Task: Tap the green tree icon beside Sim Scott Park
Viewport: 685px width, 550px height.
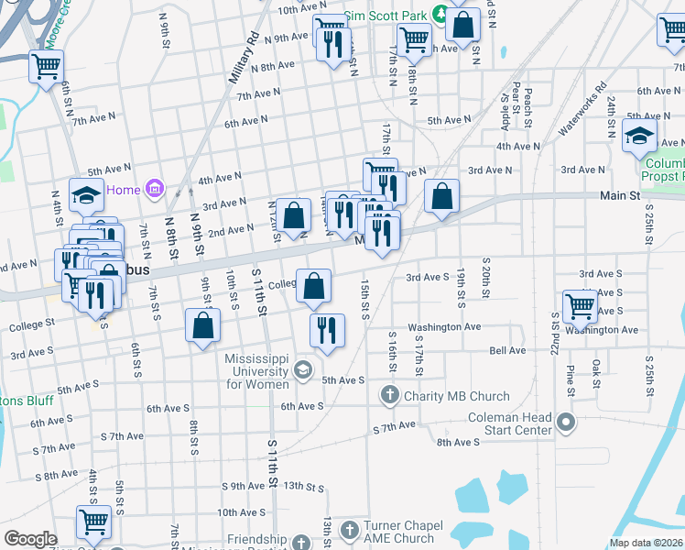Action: click(440, 14)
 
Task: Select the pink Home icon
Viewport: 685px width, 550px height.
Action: click(155, 190)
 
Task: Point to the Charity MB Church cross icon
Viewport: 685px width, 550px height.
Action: click(389, 396)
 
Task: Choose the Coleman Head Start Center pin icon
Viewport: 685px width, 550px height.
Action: click(566, 423)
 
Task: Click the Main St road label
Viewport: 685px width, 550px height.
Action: click(620, 195)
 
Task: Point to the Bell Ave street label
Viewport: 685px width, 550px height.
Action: click(507, 350)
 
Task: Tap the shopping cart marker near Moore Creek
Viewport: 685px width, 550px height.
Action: click(46, 66)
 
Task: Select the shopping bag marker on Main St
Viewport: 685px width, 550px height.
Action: click(441, 195)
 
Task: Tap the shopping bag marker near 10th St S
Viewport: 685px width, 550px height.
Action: click(202, 325)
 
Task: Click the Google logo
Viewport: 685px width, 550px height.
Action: click(30, 540)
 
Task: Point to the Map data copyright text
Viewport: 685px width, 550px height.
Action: click(646, 543)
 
